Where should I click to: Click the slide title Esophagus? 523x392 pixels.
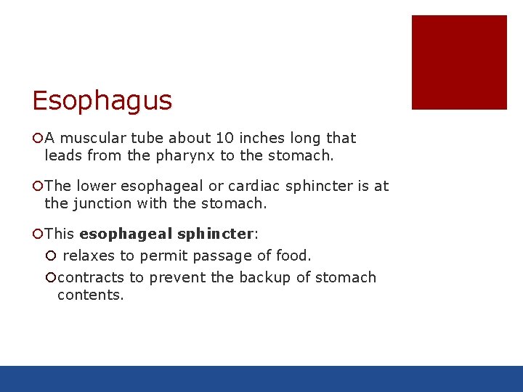click(102, 100)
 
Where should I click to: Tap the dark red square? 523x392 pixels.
click(459, 62)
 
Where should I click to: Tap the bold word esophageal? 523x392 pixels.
click(126, 234)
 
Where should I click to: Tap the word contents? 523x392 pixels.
click(91, 295)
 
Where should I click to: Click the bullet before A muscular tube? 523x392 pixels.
click(38, 138)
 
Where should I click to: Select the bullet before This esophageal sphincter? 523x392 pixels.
click(38, 234)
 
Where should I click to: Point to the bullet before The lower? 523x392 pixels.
click(38, 186)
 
